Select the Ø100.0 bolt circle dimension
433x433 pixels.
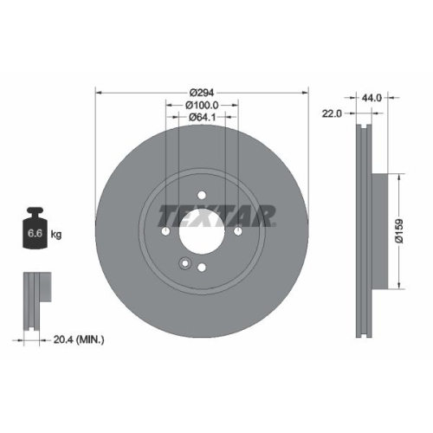(202, 104)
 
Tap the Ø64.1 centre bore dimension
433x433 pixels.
(202, 116)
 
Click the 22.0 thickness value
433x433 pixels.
(333, 113)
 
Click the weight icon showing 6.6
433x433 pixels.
(36, 229)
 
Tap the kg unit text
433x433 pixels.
(56, 235)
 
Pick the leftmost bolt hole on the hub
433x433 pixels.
(165, 231)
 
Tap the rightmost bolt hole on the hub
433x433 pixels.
(237, 231)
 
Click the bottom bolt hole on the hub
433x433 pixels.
(201, 268)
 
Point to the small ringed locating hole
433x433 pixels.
(183, 264)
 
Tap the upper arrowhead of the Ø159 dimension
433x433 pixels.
(399, 174)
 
